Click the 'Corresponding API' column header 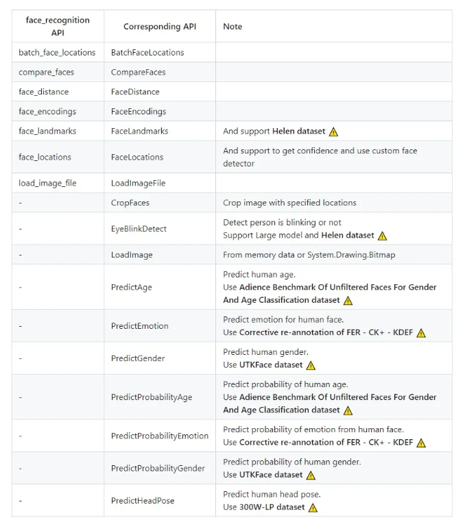(x=159, y=27)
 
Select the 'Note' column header (x=232, y=27)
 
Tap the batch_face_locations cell (x=57, y=52)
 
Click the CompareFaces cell (x=138, y=72)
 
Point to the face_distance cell (x=43, y=92)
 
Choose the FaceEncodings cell (x=138, y=111)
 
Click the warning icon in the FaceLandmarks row (x=333, y=132)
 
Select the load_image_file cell (x=47, y=183)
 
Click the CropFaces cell (x=130, y=203)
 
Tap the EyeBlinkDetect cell (x=139, y=229)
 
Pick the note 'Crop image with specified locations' (x=289, y=203)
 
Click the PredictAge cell (x=131, y=287)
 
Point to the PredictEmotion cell (x=139, y=326)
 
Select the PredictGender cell (x=137, y=358)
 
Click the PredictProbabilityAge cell (x=151, y=397)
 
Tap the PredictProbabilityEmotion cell (x=159, y=436)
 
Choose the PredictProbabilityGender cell (x=158, y=469)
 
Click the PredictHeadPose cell (x=143, y=501)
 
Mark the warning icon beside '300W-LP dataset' (x=313, y=508)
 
